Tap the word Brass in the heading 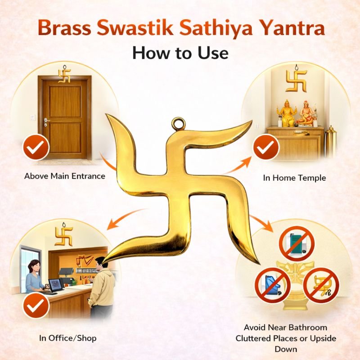coord(65,27)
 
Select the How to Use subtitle coord(180,53)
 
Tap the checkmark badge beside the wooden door coord(36,147)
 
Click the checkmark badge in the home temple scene coord(266,147)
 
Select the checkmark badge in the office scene coord(36,306)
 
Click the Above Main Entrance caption coord(65,176)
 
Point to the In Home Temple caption coord(294,178)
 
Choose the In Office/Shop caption coord(68,338)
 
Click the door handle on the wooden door coord(47,120)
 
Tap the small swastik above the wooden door coord(64,74)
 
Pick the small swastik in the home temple coord(296,80)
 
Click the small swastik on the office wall coord(64,235)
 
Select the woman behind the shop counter coord(35,277)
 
